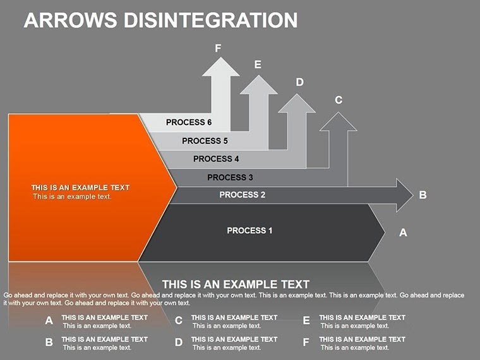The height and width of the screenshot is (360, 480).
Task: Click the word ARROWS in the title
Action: coord(70,20)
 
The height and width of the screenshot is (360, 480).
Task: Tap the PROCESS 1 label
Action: coord(249,231)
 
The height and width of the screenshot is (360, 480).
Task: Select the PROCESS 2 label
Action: coord(243,195)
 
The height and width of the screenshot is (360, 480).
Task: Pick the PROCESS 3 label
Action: coord(230,177)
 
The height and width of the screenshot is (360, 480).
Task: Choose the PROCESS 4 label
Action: coord(216,159)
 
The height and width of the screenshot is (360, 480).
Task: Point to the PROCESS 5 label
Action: coord(205,141)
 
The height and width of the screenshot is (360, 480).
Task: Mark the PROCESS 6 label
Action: coord(189,123)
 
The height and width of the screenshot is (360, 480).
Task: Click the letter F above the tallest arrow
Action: coord(218,48)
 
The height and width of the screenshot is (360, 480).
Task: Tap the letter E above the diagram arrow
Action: coord(258,64)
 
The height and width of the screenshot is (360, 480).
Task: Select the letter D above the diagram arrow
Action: coord(300,82)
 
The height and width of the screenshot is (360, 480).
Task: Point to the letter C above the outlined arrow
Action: coord(339,100)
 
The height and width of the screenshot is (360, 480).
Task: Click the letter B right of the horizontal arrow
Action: coord(423,195)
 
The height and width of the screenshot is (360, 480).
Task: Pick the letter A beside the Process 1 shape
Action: coord(403,233)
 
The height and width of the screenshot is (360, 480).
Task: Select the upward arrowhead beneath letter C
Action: coord(339,122)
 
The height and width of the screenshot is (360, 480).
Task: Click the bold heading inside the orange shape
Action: coord(80,188)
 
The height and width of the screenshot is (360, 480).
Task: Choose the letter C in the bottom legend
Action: coord(179,321)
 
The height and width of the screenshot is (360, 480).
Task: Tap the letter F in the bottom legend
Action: coord(306,343)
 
